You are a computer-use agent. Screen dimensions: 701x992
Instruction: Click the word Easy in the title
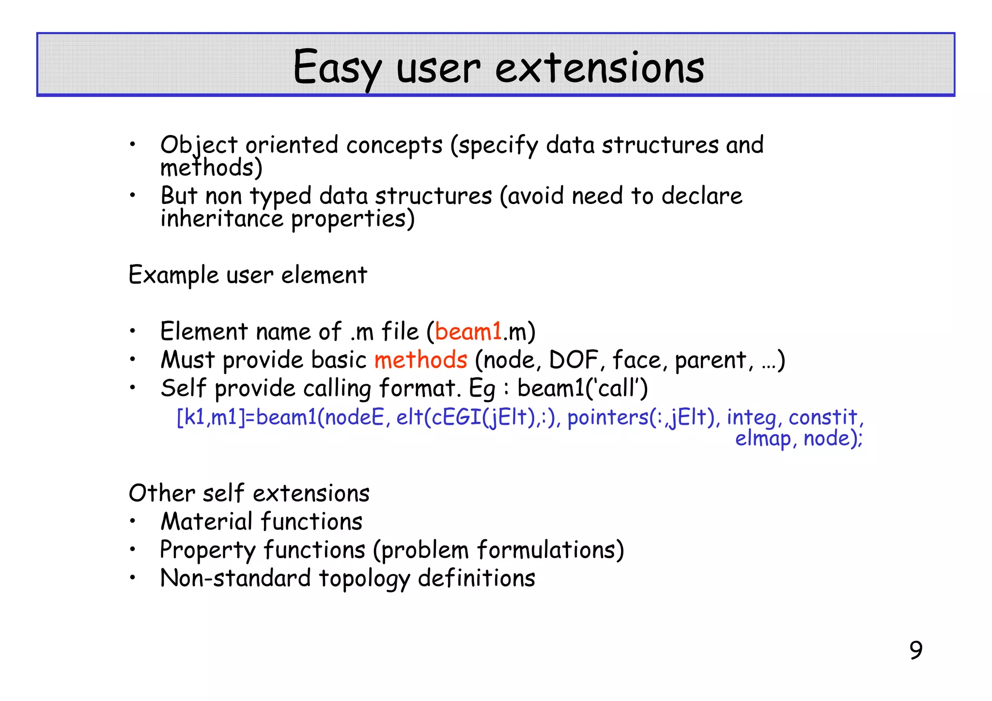pyautogui.click(x=337, y=68)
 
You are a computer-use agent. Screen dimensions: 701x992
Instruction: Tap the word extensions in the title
pyautogui.click(x=599, y=68)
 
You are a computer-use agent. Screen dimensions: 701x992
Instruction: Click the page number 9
pyautogui.click(x=915, y=650)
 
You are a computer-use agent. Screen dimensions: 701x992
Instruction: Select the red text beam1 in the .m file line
pyautogui.click(x=468, y=332)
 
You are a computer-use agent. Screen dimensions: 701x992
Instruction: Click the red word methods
pyautogui.click(x=420, y=360)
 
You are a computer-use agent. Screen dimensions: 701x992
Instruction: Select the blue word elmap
pyautogui.click(x=762, y=438)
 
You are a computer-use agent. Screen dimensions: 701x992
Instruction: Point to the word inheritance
pyautogui.click(x=221, y=218)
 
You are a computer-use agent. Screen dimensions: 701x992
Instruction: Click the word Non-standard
pyautogui.click(x=235, y=578)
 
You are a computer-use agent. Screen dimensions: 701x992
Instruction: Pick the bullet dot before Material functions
pyautogui.click(x=132, y=522)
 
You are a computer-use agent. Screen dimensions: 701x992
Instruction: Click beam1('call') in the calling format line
pyautogui.click(x=582, y=388)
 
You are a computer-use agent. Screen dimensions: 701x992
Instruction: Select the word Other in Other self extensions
pyautogui.click(x=161, y=493)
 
